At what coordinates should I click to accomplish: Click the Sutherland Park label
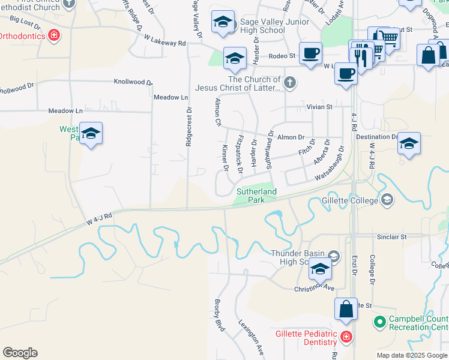256,196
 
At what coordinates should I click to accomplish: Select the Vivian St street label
320,107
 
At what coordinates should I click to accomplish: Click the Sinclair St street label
392,236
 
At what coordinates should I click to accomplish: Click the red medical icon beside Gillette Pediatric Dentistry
346,338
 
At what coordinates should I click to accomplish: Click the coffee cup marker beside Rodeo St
310,53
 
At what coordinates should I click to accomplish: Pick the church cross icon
290,83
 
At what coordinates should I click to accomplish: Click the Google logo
20,353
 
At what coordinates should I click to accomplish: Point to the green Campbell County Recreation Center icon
379,323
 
